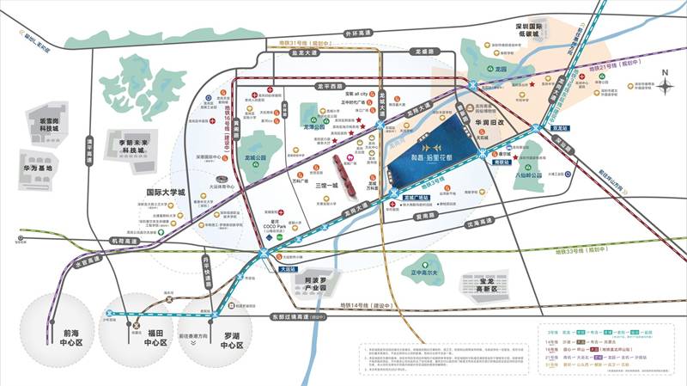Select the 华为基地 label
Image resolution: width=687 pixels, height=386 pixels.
pos(38,168)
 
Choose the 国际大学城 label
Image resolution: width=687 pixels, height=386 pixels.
pos(167,193)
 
